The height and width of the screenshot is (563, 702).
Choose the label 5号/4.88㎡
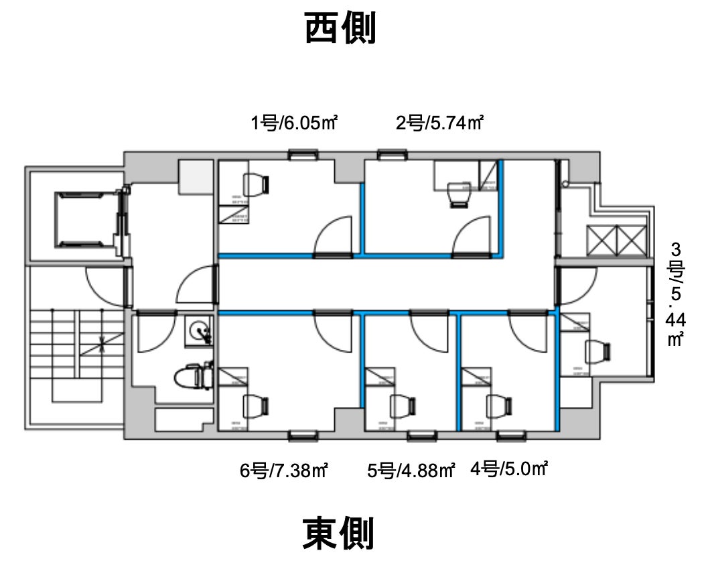(x=411, y=471)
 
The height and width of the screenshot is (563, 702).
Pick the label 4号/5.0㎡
(x=509, y=469)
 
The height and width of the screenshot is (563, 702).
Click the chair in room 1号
(x=255, y=184)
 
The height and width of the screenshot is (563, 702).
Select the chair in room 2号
(x=459, y=192)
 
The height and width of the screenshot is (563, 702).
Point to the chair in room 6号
(x=255, y=405)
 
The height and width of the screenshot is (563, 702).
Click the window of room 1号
(x=303, y=155)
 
